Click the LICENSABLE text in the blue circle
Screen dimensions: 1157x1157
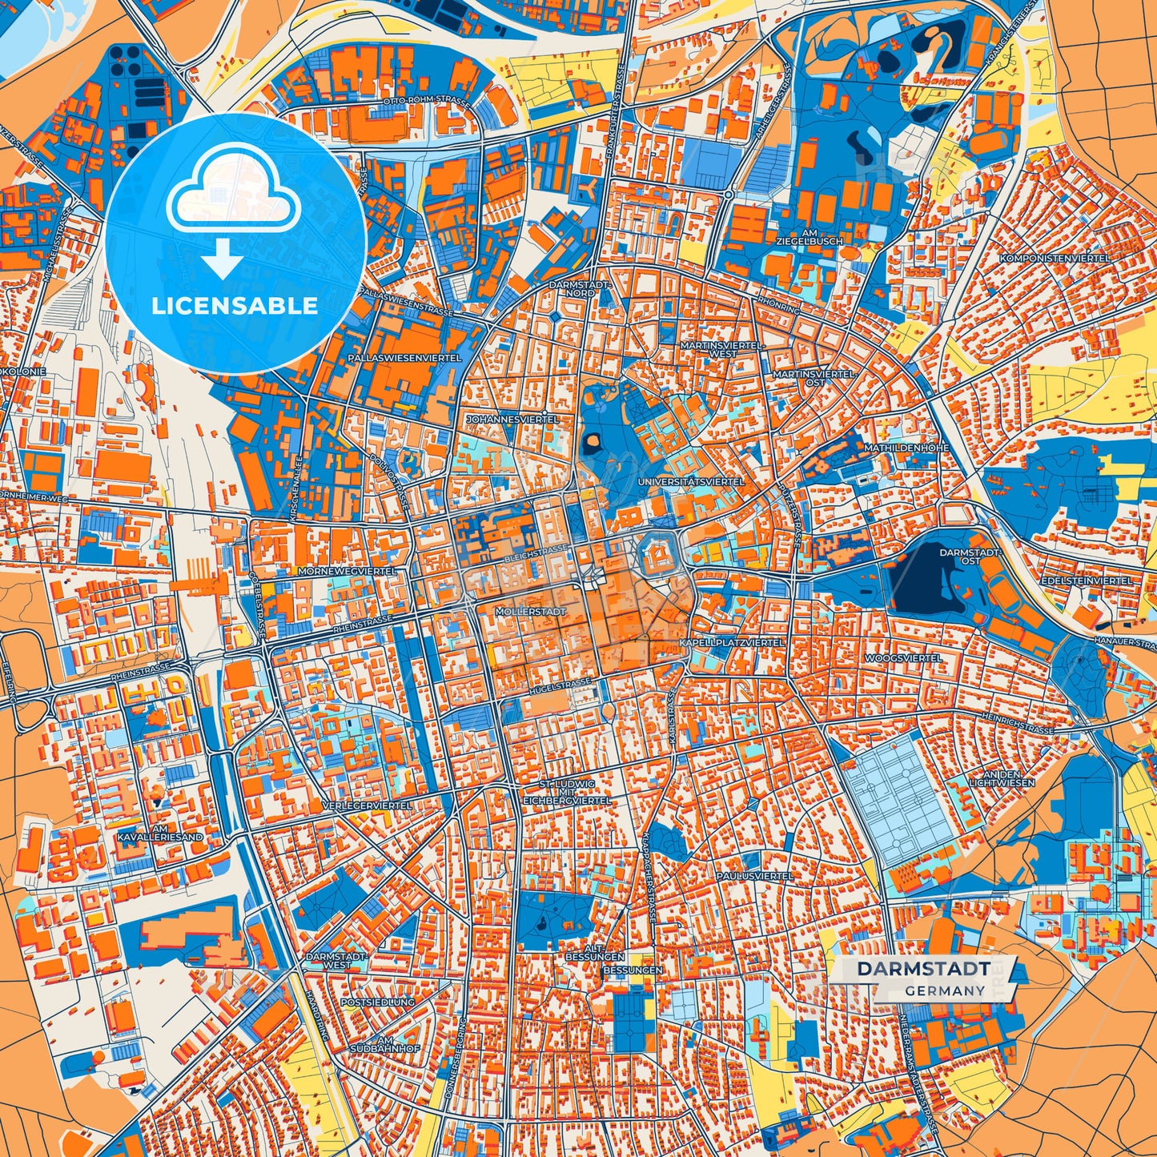[x=235, y=306]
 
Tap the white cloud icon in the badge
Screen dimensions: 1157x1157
[x=233, y=195]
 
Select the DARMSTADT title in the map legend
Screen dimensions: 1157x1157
[x=923, y=969]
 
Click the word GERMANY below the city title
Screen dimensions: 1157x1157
[x=945, y=990]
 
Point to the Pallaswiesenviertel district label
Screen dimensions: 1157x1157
[x=404, y=358]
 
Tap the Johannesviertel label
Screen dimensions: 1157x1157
[x=512, y=419]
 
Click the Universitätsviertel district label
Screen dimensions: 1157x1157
[x=691, y=482]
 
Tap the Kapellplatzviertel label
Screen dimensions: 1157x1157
[x=731, y=642]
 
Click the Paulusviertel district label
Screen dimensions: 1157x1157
[x=753, y=876]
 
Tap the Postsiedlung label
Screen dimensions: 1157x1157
[x=377, y=1002]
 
